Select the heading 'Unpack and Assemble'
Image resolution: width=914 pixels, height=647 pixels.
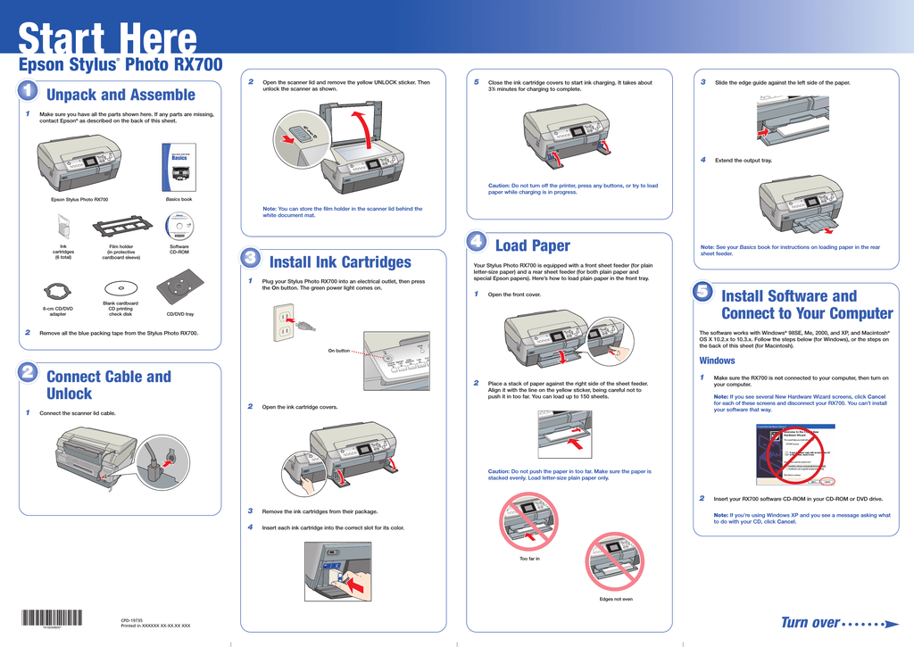click(120, 95)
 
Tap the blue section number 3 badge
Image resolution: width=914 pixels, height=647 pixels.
click(251, 258)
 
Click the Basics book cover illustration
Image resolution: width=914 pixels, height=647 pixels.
click(179, 166)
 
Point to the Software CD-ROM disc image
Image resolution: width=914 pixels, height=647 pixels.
click(179, 226)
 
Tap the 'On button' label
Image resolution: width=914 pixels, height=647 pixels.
click(338, 351)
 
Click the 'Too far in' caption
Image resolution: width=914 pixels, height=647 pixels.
click(529, 559)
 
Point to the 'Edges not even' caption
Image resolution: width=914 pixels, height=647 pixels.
click(616, 599)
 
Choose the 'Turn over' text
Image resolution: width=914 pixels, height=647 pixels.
click(810, 622)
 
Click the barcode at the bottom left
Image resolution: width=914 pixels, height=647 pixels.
click(51, 617)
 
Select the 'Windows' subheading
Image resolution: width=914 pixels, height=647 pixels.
click(717, 361)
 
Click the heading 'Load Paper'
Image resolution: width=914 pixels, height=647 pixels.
click(532, 245)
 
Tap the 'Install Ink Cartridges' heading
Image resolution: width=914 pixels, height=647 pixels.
click(340, 261)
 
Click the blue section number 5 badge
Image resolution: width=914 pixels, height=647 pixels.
click(702, 292)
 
